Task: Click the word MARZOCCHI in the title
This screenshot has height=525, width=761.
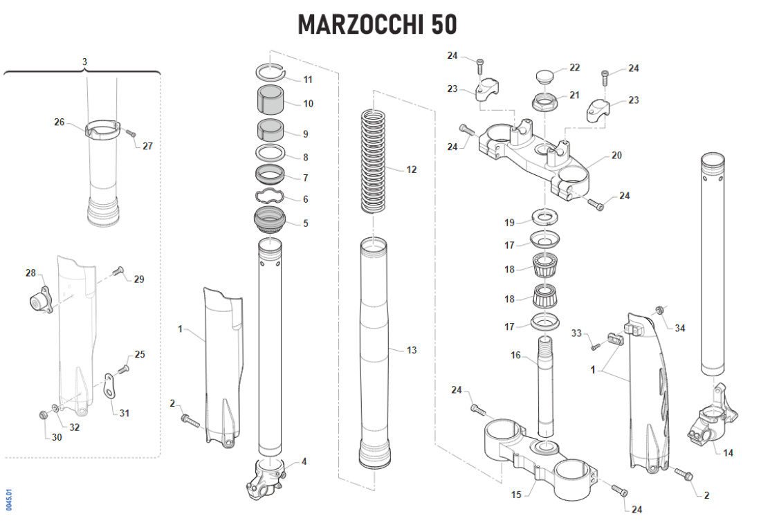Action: tap(360, 24)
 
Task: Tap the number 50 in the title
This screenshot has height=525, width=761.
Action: tap(444, 24)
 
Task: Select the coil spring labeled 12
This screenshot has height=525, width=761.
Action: tap(374, 160)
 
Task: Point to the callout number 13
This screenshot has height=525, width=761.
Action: tap(412, 350)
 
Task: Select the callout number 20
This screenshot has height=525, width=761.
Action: tap(616, 156)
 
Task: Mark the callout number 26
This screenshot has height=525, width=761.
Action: tap(59, 122)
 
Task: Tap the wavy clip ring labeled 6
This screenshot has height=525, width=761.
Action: tap(271, 198)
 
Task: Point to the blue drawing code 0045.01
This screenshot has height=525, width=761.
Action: tap(9, 500)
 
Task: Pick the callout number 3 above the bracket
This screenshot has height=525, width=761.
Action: tap(84, 62)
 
